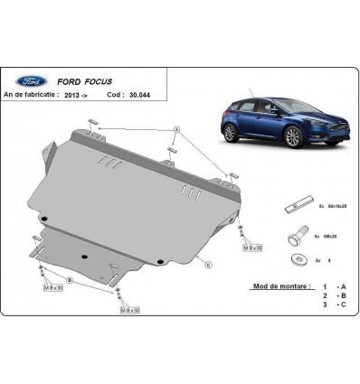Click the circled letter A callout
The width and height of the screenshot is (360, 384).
click(176, 130)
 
